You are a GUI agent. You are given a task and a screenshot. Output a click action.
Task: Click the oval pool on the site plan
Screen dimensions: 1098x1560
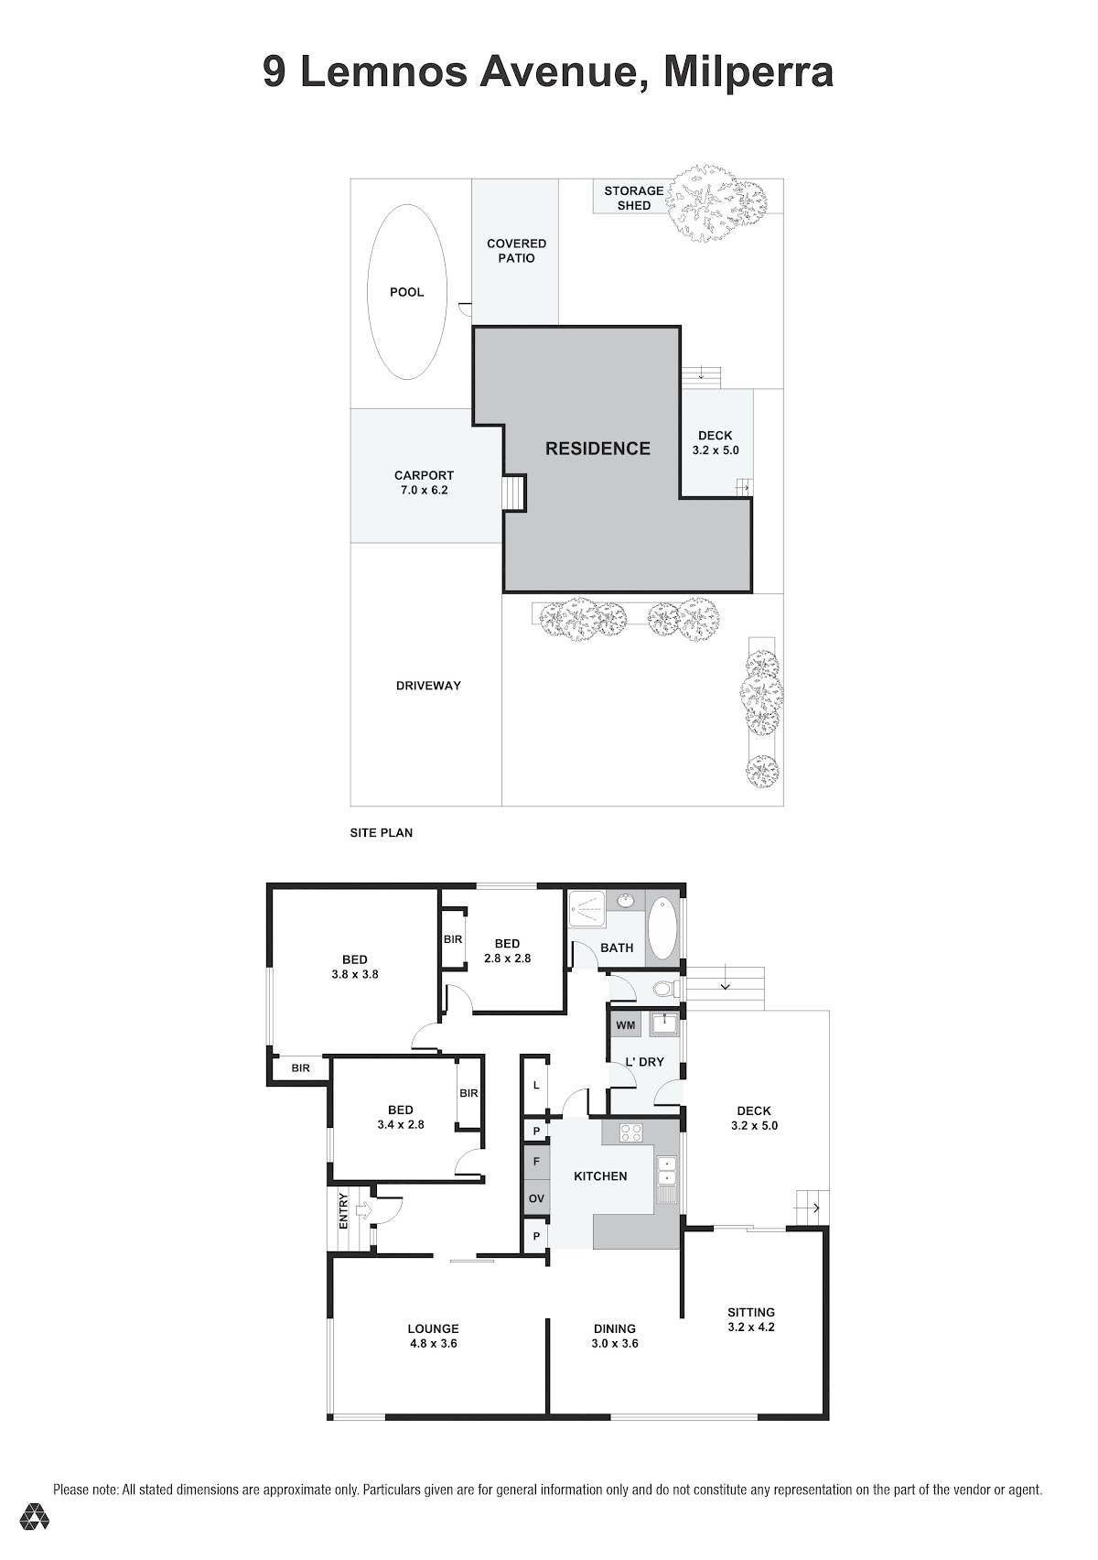[x=406, y=292]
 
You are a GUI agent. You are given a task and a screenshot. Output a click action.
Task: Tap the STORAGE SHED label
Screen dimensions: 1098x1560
[x=633, y=198]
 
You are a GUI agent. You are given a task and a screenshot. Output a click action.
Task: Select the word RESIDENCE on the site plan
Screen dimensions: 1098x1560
[x=597, y=449]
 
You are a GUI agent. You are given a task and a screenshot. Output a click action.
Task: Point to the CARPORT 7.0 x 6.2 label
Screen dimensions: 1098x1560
[x=424, y=482]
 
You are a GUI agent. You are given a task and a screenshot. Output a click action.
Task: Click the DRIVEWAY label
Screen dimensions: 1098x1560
[x=428, y=686]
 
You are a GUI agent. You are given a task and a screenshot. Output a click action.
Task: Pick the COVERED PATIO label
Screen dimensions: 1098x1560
[x=516, y=251]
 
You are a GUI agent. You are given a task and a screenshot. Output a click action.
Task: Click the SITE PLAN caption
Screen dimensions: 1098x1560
[x=381, y=832]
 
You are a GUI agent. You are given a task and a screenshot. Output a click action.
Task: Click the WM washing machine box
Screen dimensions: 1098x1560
[x=625, y=1025]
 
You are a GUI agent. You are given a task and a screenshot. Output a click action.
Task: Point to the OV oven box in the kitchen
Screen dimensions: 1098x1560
[x=536, y=1198]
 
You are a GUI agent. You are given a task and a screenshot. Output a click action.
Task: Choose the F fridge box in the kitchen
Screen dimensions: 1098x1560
[x=536, y=1161]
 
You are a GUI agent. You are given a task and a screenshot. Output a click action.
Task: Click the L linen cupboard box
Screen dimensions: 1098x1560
[x=536, y=1085]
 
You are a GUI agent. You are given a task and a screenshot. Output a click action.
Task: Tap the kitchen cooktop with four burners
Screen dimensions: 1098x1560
[x=630, y=1132]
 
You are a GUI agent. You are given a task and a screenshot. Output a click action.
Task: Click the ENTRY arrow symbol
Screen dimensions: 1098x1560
[x=363, y=1211]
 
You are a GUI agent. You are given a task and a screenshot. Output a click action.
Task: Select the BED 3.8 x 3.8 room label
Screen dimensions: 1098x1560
[x=354, y=967]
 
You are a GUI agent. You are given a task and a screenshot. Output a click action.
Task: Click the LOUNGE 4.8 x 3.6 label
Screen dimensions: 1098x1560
[x=433, y=1336]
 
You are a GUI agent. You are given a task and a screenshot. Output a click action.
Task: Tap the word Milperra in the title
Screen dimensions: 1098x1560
[x=748, y=72]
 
